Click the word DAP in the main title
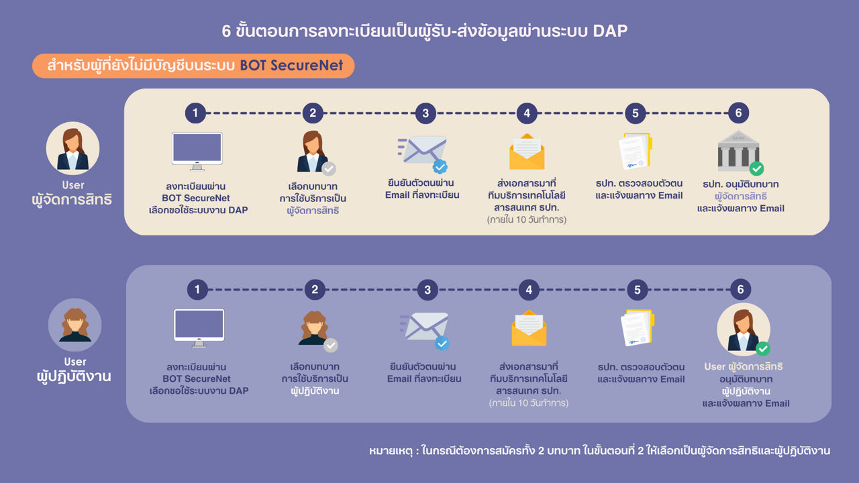click(610, 31)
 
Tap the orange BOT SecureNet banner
click(193, 66)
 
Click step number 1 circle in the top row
click(195, 113)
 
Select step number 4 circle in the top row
click(527, 113)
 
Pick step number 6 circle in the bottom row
click(740, 289)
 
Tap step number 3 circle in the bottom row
click(427, 290)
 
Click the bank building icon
click(738, 152)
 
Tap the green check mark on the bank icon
click(756, 168)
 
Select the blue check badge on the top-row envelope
click(440, 167)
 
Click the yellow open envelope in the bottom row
click(529, 328)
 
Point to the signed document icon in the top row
click(636, 151)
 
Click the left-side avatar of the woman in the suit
click(73, 148)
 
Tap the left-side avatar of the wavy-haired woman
click(74, 325)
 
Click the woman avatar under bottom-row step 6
click(744, 329)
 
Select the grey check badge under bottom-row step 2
click(331, 345)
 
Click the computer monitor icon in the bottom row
click(199, 328)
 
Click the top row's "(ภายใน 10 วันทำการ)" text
click(527, 219)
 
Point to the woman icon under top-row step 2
click(313, 152)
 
